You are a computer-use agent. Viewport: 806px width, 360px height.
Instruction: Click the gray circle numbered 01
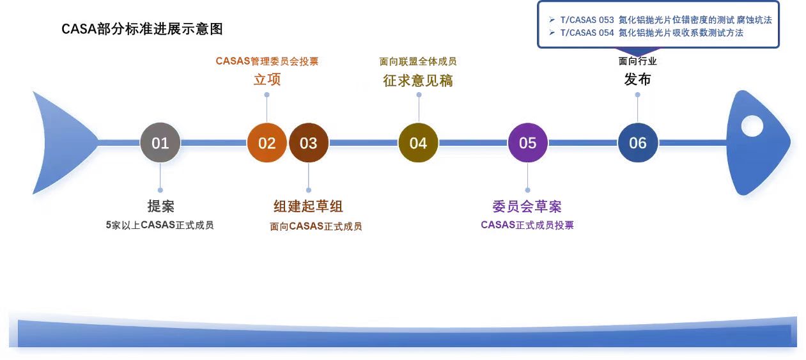(160, 143)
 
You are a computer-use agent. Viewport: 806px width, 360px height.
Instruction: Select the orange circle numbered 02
(267, 143)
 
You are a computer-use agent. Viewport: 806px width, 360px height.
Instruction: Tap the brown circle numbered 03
(308, 143)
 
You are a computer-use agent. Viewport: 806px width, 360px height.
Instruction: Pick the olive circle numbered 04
(418, 143)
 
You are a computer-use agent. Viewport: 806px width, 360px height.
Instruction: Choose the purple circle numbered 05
(527, 143)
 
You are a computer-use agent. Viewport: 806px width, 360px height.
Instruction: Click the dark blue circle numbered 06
(638, 143)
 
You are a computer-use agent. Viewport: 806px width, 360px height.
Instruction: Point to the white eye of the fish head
(752, 126)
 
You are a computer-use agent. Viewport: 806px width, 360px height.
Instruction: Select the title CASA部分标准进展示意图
(142, 29)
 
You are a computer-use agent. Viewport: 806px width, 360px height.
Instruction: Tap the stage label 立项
(267, 79)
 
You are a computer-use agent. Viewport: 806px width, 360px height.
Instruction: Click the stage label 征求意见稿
(418, 81)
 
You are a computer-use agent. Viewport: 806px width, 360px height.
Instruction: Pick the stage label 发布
(637, 79)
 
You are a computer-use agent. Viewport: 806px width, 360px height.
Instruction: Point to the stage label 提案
(160, 207)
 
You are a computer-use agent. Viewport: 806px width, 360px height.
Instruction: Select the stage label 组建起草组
(308, 207)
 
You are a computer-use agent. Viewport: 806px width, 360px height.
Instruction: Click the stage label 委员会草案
(527, 207)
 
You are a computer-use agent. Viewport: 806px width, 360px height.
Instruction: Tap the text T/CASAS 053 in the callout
(587, 20)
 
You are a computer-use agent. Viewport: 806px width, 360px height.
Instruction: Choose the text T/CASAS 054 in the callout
(587, 33)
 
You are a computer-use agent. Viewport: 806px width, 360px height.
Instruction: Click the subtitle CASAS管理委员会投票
(267, 61)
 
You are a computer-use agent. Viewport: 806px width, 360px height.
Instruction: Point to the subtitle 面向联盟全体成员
(418, 61)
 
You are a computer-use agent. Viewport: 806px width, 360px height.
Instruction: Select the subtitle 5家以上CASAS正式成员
(160, 225)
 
